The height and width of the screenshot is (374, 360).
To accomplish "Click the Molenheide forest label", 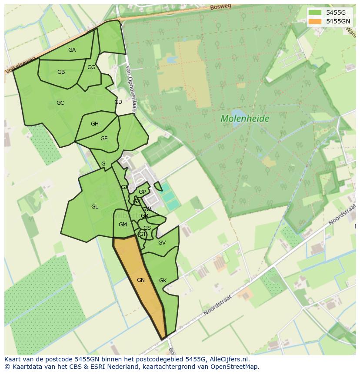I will [245, 118].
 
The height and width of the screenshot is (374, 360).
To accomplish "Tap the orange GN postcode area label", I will [140, 280].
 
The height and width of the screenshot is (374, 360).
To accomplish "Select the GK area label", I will [163, 281].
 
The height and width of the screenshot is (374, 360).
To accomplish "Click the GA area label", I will [72, 50].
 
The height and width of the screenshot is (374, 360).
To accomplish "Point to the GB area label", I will [61, 72].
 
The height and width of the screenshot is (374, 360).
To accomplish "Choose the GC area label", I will [60, 103].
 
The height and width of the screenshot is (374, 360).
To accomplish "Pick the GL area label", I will [94, 207].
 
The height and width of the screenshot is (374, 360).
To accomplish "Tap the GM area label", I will [123, 225].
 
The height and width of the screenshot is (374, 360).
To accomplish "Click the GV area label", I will [162, 243].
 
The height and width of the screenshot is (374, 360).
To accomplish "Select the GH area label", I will [94, 124].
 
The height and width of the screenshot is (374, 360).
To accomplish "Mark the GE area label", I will [104, 139].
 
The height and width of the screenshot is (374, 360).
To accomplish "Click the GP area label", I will [142, 192].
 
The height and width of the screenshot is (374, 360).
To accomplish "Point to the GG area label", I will [91, 67].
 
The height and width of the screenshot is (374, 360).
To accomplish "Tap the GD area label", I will [118, 102].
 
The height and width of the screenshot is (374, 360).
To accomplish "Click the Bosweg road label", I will [220, 7].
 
